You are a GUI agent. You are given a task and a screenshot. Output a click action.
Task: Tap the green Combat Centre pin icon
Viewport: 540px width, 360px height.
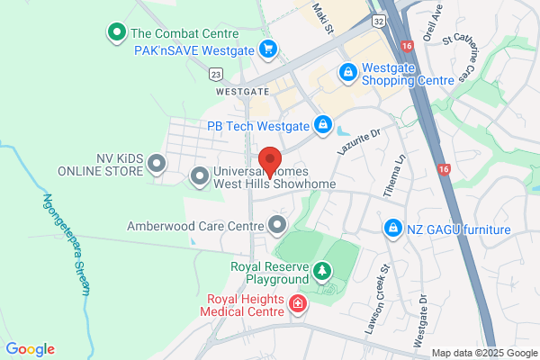pos(116,34)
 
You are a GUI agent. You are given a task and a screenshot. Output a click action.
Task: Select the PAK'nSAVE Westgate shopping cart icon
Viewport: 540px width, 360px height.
pos(267,50)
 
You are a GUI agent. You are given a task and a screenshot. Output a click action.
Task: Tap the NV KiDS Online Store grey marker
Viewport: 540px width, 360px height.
pos(157,164)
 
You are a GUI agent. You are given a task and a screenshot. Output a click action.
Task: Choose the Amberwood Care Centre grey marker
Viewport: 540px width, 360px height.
pos(278,223)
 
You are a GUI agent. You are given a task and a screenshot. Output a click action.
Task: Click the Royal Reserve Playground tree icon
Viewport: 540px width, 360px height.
pos(321,272)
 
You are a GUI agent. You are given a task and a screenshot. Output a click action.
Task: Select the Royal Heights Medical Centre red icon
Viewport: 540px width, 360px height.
pos(298,306)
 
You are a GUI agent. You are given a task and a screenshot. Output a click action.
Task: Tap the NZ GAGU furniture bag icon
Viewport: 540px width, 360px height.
pos(392,229)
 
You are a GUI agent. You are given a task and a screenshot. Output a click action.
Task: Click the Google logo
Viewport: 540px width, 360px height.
pos(30,349)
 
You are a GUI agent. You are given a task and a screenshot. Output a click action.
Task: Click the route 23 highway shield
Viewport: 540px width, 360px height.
pos(216,74)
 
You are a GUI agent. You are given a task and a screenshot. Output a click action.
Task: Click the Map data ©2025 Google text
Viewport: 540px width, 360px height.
pos(483,352)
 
